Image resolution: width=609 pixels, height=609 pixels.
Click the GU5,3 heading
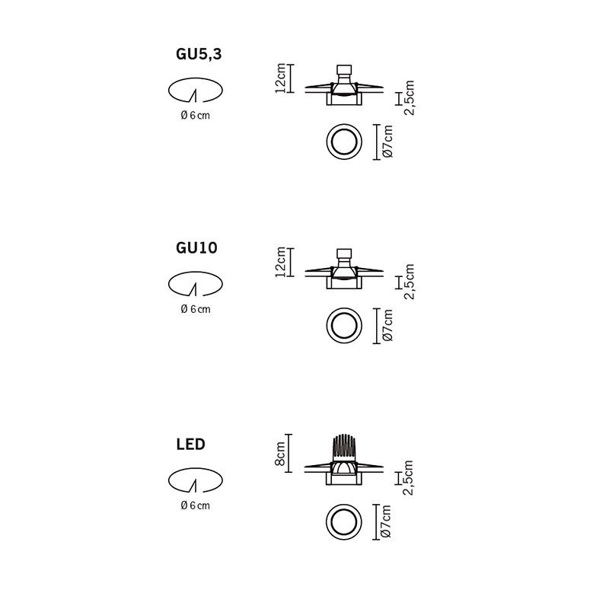pos(199,54)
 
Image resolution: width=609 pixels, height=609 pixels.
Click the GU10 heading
pos(196,248)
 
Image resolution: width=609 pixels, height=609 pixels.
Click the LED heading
pos(190,444)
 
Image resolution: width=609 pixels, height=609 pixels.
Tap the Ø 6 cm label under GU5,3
pos(195,116)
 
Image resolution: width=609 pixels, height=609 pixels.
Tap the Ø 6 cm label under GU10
pos(196,309)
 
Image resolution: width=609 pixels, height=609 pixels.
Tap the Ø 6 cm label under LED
pos(195,505)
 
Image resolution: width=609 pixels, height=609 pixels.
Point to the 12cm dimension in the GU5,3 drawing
pos(280,78)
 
